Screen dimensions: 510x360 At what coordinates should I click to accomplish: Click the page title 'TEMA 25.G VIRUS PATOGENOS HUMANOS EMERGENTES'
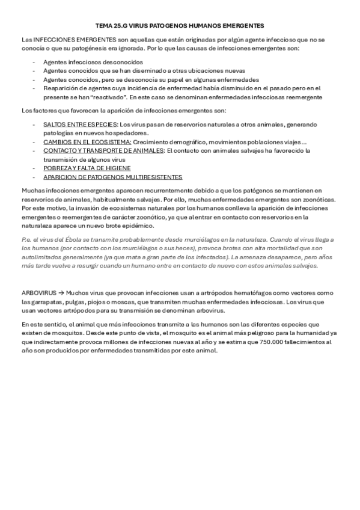[180, 26]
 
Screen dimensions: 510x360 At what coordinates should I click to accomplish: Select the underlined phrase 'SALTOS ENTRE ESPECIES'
[77, 123]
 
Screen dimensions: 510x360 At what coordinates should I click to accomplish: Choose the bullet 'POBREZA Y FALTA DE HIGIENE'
[87, 168]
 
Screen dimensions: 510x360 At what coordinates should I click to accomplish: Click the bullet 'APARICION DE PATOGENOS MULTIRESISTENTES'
[112, 177]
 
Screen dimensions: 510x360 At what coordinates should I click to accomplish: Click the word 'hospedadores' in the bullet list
[110, 132]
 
